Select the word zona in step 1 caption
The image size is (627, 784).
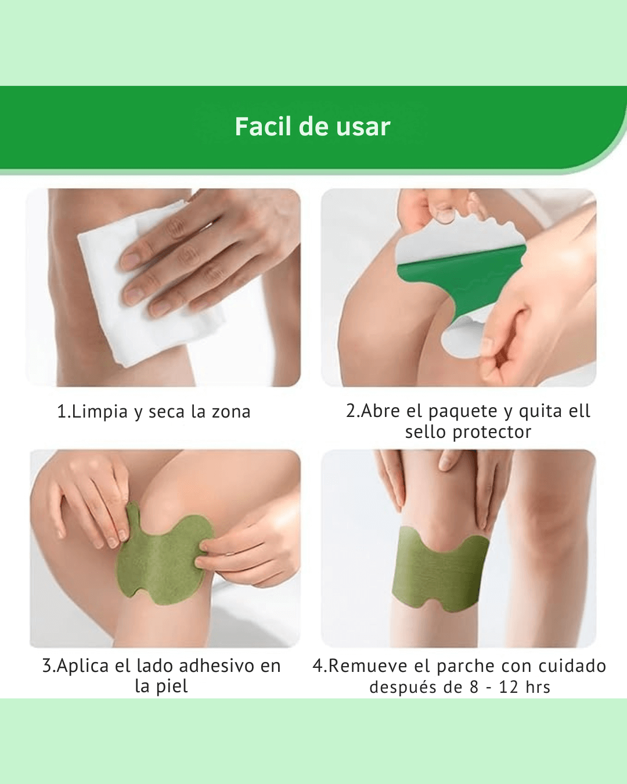tap(230, 412)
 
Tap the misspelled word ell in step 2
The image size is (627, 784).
tap(579, 411)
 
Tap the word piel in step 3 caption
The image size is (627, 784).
tap(172, 686)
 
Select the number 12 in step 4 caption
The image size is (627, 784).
tap(509, 687)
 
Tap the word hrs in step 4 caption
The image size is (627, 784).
tap(538, 687)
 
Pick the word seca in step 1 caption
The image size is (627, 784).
tap(167, 412)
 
